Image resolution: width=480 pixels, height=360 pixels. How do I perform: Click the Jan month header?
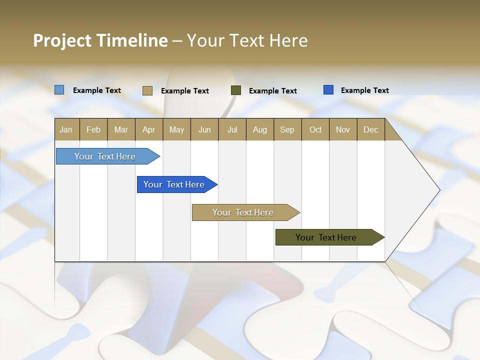coord(66,129)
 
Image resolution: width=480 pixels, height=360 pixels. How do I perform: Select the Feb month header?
coord(93,129)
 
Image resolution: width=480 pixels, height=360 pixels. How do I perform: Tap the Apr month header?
coord(149,129)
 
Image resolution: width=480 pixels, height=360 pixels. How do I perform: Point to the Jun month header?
coord(204,129)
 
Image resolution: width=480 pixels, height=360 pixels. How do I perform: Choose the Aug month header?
coord(260,129)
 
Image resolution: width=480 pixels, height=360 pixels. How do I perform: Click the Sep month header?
coord(287,129)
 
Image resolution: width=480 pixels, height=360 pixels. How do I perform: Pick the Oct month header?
coord(315,129)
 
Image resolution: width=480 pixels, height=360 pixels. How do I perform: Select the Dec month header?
coord(371,129)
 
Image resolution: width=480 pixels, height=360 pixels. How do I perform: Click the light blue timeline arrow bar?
coord(105,156)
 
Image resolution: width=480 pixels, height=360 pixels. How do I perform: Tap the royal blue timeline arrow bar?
coord(174,184)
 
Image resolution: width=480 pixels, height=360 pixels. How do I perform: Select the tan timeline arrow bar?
coord(243,212)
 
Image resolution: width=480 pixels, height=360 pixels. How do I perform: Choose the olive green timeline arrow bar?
coord(326,237)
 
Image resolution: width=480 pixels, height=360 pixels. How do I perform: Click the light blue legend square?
coord(59,90)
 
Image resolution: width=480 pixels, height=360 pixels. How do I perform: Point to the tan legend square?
coord(147,90)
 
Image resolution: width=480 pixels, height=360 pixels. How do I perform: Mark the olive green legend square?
coord(236,90)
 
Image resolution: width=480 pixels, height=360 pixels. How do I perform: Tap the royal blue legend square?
coord(328,90)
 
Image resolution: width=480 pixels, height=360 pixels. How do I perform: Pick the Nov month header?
coord(343,129)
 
